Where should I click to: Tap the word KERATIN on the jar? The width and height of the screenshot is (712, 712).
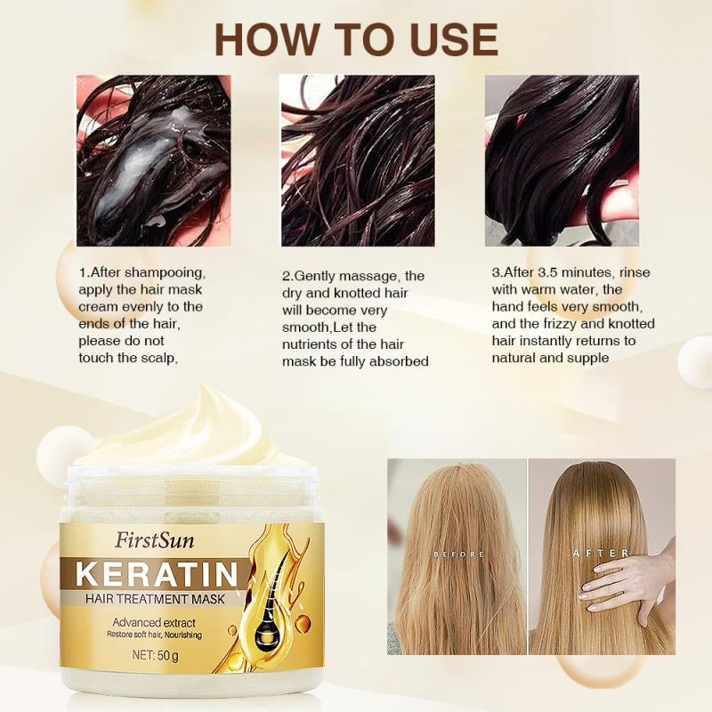(x=158, y=574)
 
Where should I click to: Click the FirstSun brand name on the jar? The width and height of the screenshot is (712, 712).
(x=154, y=540)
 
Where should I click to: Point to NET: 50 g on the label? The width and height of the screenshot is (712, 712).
(x=155, y=655)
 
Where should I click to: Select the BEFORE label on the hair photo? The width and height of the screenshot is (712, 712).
(x=458, y=554)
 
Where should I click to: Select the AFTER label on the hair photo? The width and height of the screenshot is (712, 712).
(x=601, y=554)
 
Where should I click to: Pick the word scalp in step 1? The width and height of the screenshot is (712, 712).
(x=158, y=359)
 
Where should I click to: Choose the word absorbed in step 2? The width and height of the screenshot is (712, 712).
(x=399, y=361)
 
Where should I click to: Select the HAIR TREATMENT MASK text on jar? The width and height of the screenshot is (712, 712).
(x=155, y=598)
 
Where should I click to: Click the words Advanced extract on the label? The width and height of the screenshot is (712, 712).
(x=154, y=622)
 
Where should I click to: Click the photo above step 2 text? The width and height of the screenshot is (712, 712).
(x=358, y=161)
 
